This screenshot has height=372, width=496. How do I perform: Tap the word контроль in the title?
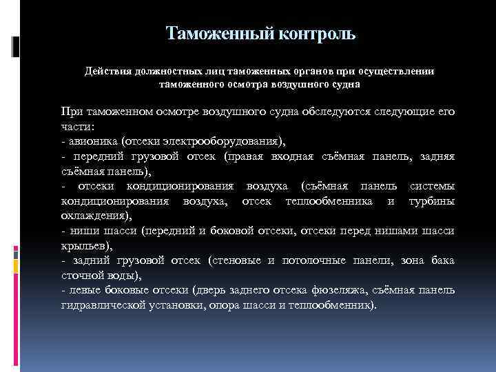(x=314, y=33)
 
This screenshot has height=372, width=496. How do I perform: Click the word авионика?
(x=92, y=141)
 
